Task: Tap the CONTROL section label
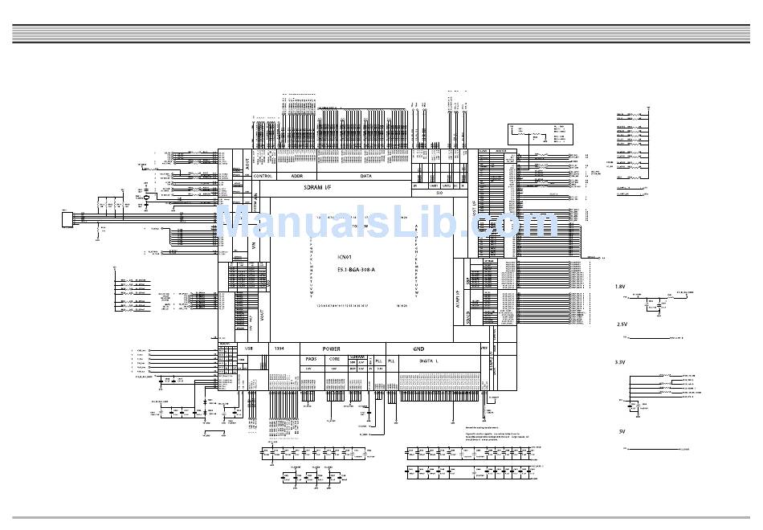click(x=263, y=175)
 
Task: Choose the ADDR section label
click(x=296, y=175)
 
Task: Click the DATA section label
click(x=365, y=175)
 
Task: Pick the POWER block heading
click(x=331, y=349)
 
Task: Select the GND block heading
click(x=418, y=349)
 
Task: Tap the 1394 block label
click(x=279, y=349)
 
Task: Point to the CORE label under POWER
click(x=335, y=359)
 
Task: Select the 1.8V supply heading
click(x=620, y=287)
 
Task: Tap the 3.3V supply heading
click(x=620, y=362)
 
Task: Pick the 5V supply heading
click(x=621, y=432)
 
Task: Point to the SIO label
click(x=439, y=193)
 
